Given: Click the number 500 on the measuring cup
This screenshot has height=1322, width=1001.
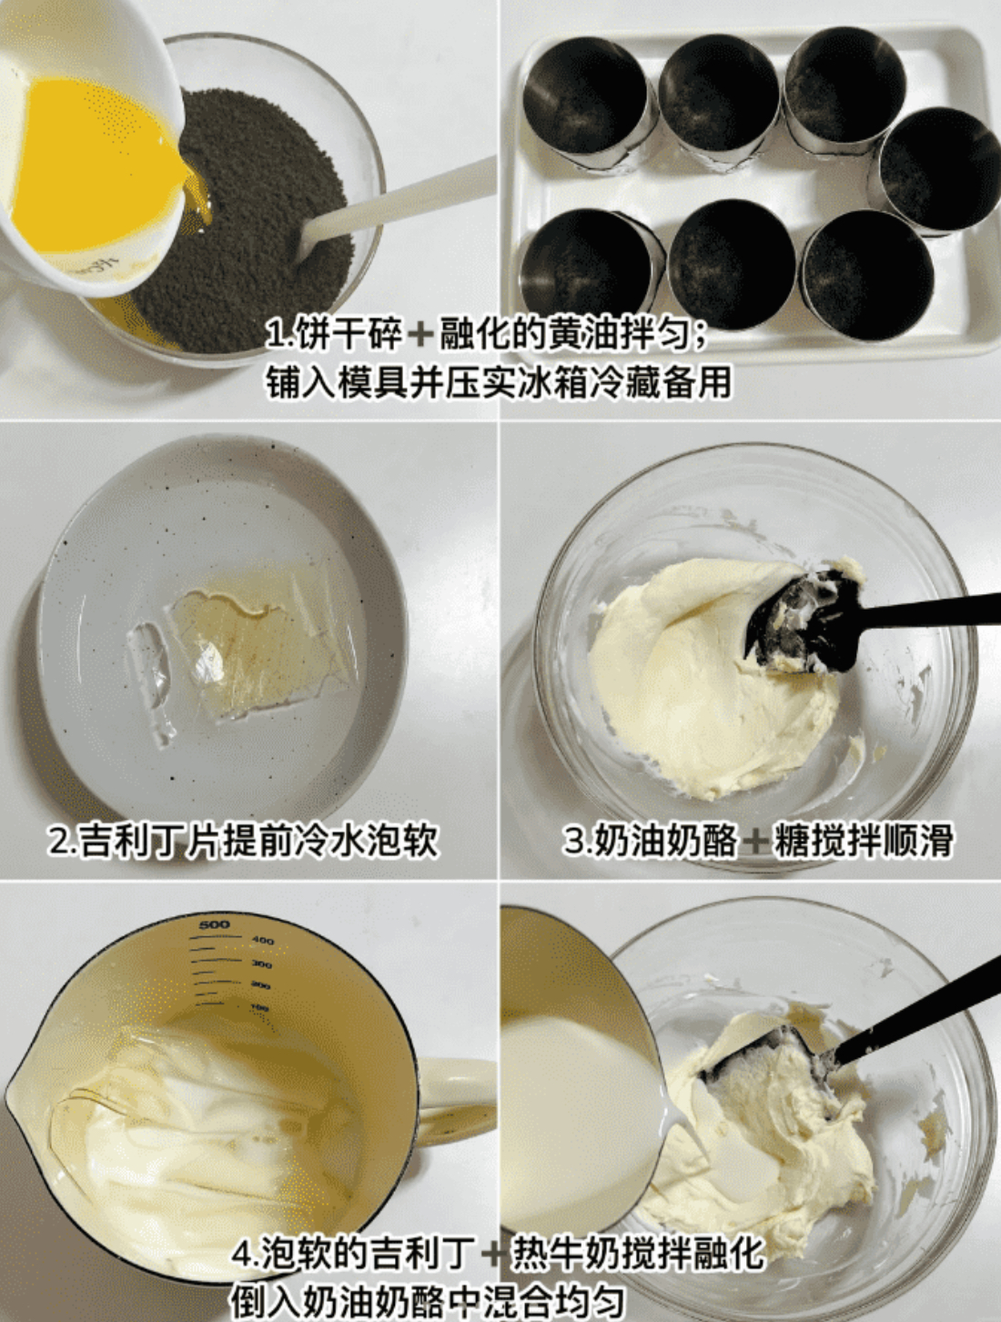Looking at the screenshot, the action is tap(214, 923).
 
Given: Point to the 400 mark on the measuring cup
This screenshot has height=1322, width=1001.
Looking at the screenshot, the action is tap(263, 941).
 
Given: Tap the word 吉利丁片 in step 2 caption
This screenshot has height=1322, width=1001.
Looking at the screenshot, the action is tap(150, 840).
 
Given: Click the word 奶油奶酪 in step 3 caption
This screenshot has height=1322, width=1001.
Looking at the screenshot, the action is tap(665, 840).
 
